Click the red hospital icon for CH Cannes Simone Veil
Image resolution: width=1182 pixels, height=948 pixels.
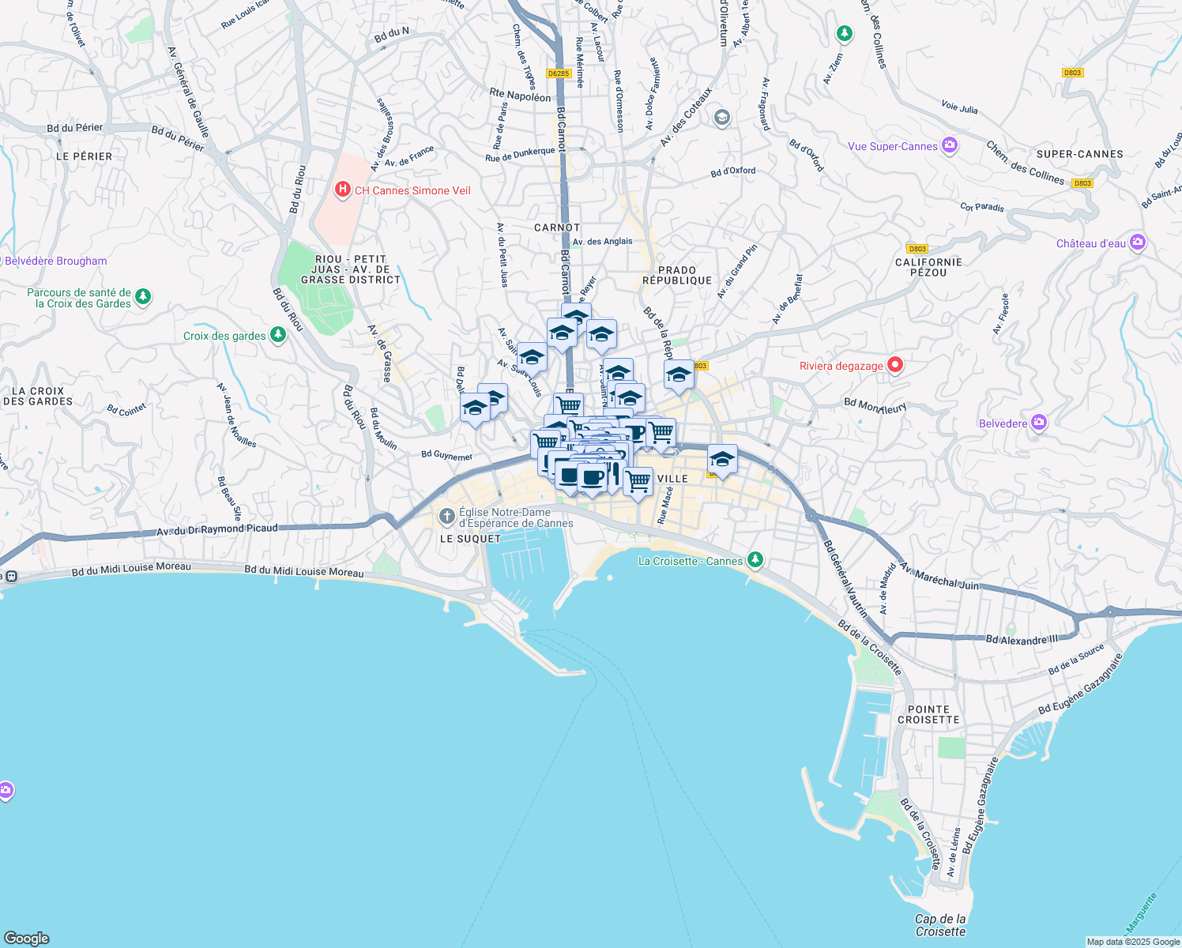pyautogui.click(x=342, y=190)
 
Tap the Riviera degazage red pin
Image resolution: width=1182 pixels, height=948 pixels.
pyautogui.click(x=894, y=365)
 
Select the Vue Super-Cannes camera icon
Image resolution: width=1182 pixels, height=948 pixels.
pyautogui.click(x=950, y=145)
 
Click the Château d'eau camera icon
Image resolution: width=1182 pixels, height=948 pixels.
pyautogui.click(x=1138, y=243)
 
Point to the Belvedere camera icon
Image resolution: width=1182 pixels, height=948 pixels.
pyautogui.click(x=1039, y=423)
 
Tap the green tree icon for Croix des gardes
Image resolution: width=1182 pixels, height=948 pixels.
pyautogui.click(x=277, y=335)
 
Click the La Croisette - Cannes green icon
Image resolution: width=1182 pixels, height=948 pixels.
pyautogui.click(x=755, y=560)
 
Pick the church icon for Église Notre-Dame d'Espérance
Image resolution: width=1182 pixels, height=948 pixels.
pyautogui.click(x=446, y=517)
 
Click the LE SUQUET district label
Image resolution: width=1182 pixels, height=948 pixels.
pyautogui.click(x=470, y=539)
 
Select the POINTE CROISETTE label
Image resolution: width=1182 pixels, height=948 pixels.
pyautogui.click(x=928, y=714)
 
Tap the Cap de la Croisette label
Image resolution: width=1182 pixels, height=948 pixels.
pyautogui.click(x=940, y=925)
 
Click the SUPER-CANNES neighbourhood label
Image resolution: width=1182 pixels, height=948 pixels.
pyautogui.click(x=1079, y=154)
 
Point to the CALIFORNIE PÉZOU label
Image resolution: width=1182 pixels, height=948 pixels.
pyautogui.click(x=928, y=267)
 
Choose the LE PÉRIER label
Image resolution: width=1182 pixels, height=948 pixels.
pyautogui.click(x=84, y=156)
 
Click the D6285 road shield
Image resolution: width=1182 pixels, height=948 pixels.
pyautogui.click(x=559, y=73)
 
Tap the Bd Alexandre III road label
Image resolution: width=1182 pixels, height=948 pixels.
pyautogui.click(x=1021, y=639)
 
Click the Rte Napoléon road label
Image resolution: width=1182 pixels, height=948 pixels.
pyautogui.click(x=520, y=95)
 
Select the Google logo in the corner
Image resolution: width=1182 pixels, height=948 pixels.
pyautogui.click(x=26, y=938)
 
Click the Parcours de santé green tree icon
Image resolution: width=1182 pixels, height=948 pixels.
pyautogui.click(x=143, y=296)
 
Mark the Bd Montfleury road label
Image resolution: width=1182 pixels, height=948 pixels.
pyautogui.click(x=875, y=405)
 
